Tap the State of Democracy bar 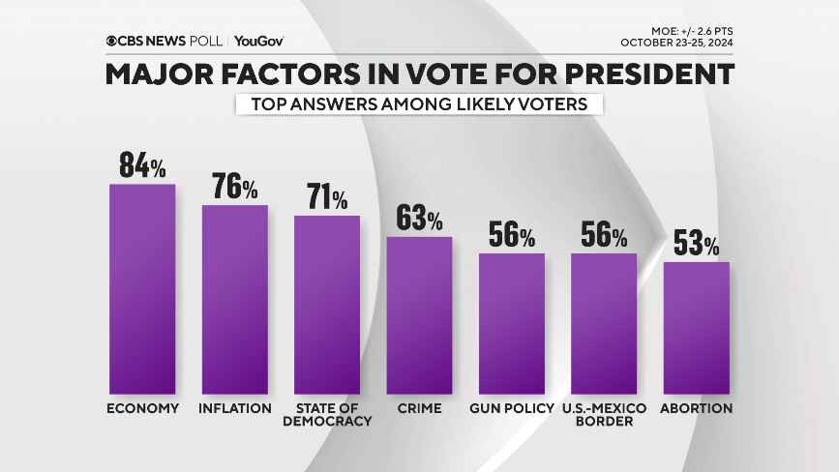point(327,302)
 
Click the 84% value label point(143,165)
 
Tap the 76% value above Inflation point(235,187)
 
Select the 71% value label point(327,197)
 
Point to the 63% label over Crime point(419,219)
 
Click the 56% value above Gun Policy point(512,236)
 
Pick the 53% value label point(697,244)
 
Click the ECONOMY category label point(142,408)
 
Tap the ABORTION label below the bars point(697,408)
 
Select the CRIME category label point(419,408)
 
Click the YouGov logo point(258,41)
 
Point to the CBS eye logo point(113,41)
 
